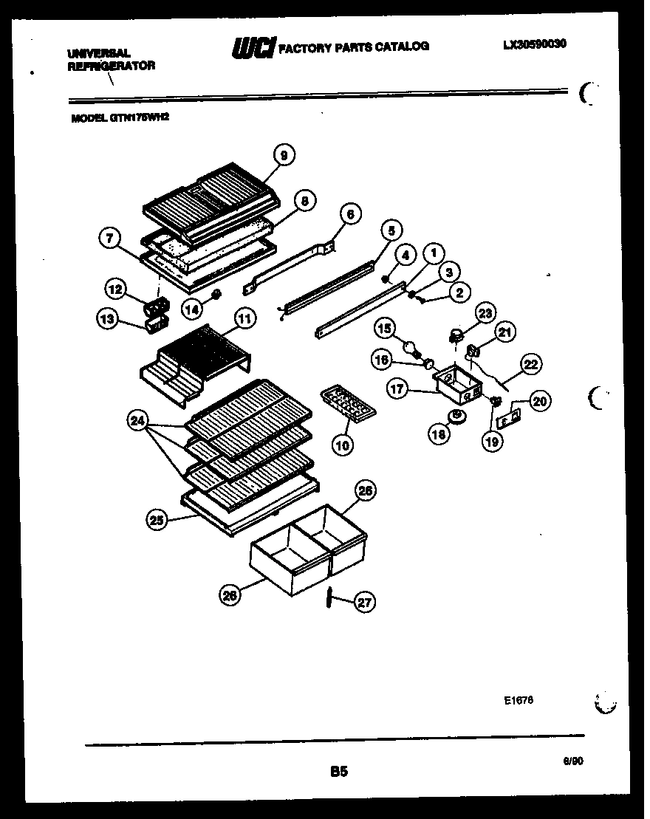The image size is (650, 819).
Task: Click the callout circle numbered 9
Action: point(283,154)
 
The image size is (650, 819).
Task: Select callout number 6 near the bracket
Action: point(350,214)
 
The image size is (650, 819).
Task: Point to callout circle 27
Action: point(363,603)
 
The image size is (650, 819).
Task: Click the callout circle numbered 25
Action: point(157,521)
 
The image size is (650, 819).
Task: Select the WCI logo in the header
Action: point(253,48)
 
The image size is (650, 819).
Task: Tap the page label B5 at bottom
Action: point(338,772)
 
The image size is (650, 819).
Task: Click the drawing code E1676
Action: point(519,699)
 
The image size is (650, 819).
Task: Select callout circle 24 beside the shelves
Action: point(136,422)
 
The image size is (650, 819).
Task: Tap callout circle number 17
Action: point(399,388)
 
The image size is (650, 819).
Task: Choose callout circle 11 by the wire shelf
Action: point(244,319)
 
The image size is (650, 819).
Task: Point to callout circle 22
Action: point(531,364)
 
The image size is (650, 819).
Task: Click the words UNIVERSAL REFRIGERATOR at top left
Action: point(111,59)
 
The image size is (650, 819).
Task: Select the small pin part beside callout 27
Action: point(329,598)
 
